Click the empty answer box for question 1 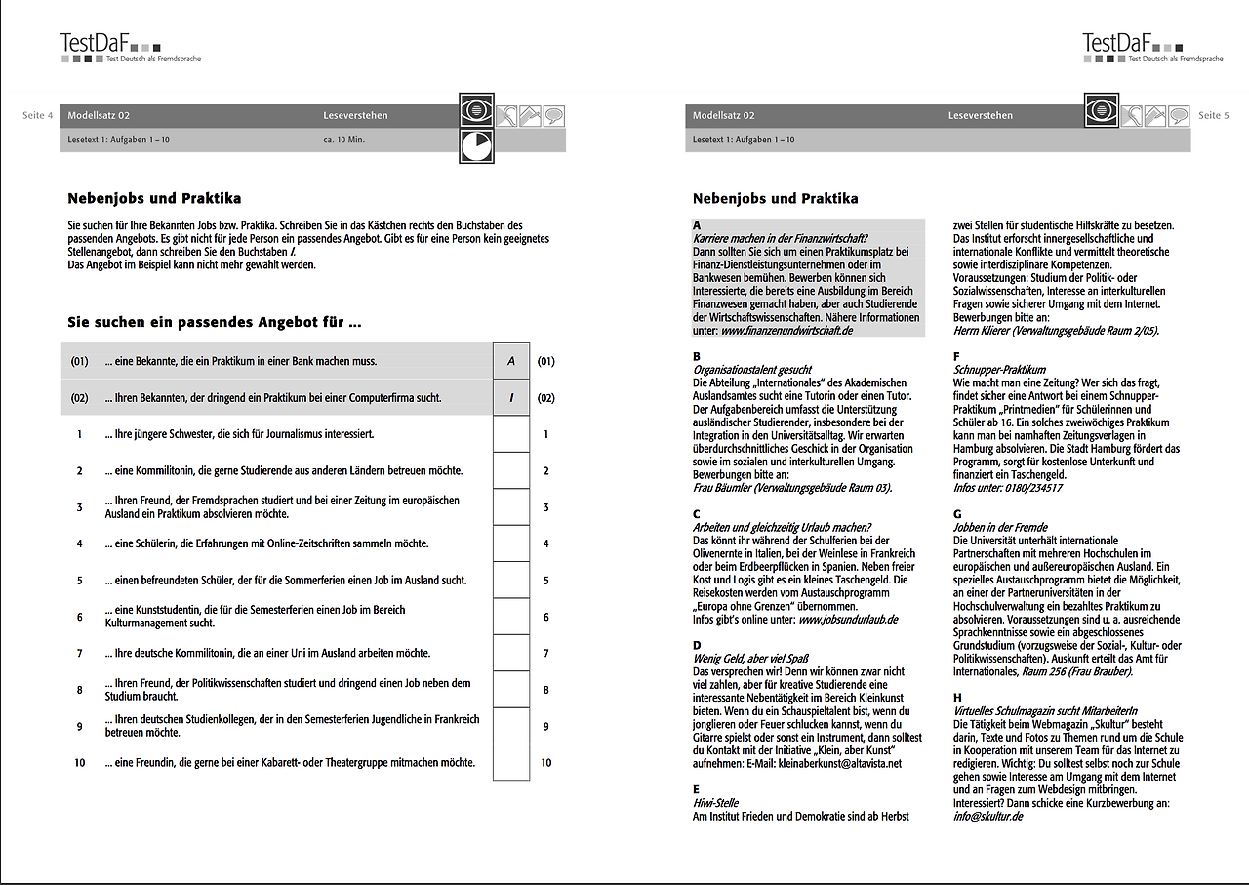(x=511, y=434)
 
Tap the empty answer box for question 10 (x=511, y=762)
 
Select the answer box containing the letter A (x=511, y=361)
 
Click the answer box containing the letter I (x=511, y=398)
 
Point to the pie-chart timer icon (x=477, y=146)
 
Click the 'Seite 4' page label (x=38, y=116)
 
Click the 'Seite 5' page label (x=1214, y=116)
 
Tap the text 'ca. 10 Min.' (x=343, y=140)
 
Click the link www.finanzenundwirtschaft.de (x=786, y=331)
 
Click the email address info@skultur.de (x=987, y=816)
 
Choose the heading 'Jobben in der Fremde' (x=999, y=527)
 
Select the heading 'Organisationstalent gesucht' (x=751, y=371)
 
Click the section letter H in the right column (x=957, y=698)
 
